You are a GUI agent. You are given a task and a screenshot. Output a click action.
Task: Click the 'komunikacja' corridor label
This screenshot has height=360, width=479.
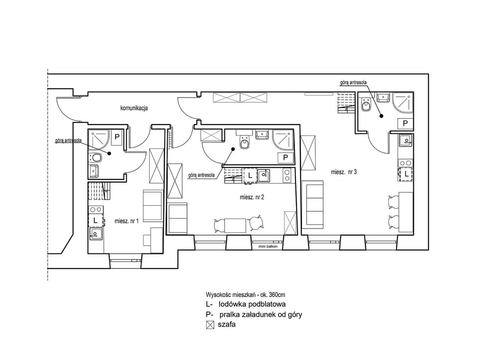point(134,108)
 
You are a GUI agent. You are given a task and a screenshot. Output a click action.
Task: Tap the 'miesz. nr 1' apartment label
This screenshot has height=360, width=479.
point(126,221)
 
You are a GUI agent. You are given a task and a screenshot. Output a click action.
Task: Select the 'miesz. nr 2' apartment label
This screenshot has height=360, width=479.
point(252,197)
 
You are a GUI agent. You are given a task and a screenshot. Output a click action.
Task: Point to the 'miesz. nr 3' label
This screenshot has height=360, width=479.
point(344,172)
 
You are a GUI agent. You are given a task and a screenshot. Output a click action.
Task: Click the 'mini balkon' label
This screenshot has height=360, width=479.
point(268,246)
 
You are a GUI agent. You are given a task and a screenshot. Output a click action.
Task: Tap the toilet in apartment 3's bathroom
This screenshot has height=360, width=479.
point(366,105)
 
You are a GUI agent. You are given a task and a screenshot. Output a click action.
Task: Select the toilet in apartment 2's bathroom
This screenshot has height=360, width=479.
point(244,142)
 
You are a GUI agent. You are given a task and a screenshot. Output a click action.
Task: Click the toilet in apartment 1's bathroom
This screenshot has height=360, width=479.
point(95,157)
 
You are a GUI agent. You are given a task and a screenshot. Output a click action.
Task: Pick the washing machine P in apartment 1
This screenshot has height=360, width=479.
point(117,137)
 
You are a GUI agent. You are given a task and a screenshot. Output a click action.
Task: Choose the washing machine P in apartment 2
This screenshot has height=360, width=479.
point(286,157)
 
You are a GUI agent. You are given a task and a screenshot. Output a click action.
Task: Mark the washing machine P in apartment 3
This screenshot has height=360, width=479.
point(405,124)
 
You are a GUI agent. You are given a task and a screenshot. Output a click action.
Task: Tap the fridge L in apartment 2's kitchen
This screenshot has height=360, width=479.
point(250,175)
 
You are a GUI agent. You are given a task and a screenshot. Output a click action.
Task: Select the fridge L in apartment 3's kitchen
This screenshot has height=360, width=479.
point(406,174)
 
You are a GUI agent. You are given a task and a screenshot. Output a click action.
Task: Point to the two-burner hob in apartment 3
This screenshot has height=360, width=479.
point(406,163)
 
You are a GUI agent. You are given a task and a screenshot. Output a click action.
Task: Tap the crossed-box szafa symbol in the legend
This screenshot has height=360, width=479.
point(210,325)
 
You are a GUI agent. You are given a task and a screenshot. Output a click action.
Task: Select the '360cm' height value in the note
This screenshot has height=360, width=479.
point(277,295)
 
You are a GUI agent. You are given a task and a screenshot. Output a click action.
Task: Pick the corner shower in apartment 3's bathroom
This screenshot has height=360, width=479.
point(403,103)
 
